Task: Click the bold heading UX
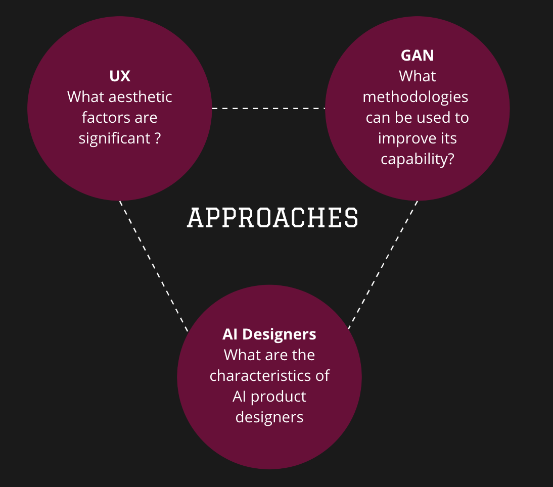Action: [120, 76]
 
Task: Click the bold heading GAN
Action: [417, 55]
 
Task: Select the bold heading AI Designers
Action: [269, 334]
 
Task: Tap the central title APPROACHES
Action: [273, 218]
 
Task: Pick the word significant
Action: [114, 138]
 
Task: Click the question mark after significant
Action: [157, 138]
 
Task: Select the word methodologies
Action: [416, 96]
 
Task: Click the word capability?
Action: [418, 159]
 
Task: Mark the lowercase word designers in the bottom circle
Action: [269, 417]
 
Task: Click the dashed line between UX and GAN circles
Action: [268, 108]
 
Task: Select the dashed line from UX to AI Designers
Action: [154, 266]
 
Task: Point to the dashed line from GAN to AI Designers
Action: [383, 265]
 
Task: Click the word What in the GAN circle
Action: [418, 76]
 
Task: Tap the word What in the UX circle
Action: [86, 96]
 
